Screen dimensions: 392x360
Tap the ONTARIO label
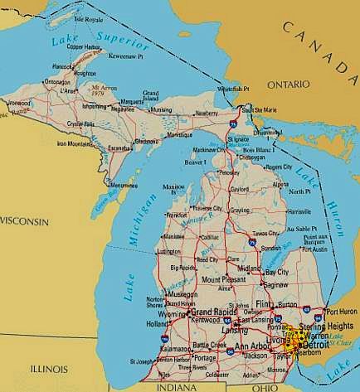(287, 85)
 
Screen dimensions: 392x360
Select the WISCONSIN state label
(24, 221)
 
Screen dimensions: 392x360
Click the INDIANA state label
(183, 387)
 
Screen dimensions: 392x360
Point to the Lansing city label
(223, 329)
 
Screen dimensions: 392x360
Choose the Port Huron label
(343, 312)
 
